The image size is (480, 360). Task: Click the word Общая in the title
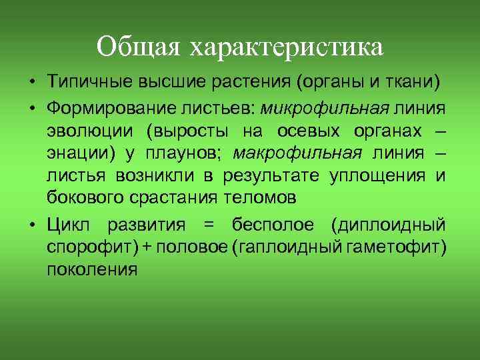[x=140, y=47]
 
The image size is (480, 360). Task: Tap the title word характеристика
[x=287, y=47]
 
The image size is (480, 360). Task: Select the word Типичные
[x=90, y=82]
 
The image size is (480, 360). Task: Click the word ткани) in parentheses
[x=415, y=82]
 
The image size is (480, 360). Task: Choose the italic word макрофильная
[x=297, y=153]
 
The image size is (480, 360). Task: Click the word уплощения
[x=377, y=176]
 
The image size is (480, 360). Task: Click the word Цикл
[x=67, y=223]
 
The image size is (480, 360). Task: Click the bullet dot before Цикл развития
[x=32, y=223]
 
